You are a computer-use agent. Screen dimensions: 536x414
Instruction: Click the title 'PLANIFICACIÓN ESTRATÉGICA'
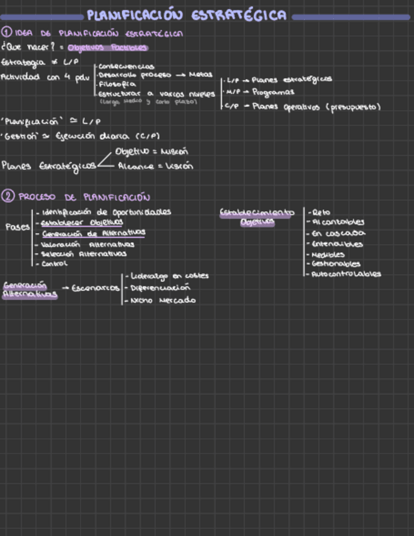click(x=187, y=15)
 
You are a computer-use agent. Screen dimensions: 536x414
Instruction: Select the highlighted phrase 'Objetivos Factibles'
click(x=107, y=47)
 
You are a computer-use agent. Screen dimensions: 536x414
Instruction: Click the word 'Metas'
click(x=201, y=74)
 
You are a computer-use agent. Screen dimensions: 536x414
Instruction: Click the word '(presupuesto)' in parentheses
click(x=352, y=107)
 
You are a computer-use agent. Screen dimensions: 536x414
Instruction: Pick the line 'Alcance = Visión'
click(x=155, y=166)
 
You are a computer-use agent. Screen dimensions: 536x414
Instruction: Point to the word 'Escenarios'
click(x=95, y=288)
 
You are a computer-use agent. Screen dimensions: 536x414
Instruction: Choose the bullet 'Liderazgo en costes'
click(x=169, y=276)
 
